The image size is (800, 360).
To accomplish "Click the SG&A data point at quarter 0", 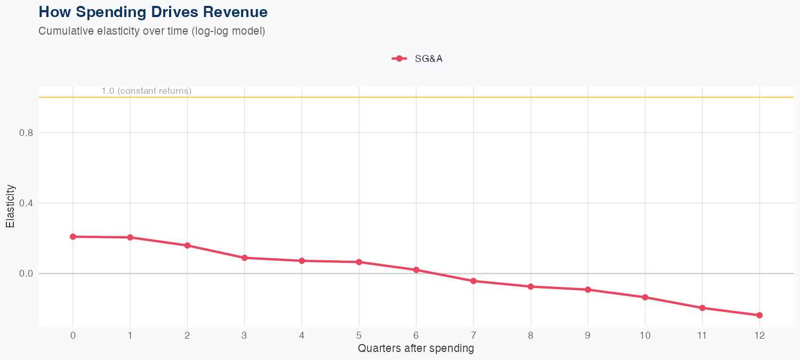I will (x=73, y=237).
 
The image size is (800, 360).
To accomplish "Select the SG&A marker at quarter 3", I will (x=244, y=258).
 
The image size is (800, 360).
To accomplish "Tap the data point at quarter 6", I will (x=416, y=270).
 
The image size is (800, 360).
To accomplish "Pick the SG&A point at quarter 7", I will (x=473, y=281).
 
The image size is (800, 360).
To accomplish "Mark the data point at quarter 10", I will (x=645, y=297).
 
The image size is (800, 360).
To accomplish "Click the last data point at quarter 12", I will (x=759, y=315).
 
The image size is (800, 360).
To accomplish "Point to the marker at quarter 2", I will (x=187, y=245).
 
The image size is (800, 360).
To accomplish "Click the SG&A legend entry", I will (x=418, y=59).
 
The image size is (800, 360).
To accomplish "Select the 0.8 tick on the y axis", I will (x=26, y=133).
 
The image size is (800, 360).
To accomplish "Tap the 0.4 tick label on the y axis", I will (x=26, y=203).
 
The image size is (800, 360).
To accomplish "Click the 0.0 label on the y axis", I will (x=26, y=274).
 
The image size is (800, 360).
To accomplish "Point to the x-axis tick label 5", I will (x=359, y=335).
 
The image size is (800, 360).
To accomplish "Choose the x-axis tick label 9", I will (x=588, y=335).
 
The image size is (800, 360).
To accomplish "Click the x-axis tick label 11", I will (x=702, y=335).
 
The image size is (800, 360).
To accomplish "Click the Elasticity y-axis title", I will (x=10, y=206).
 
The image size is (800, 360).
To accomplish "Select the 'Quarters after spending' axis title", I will (x=415, y=349).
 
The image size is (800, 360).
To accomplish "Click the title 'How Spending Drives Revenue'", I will (x=153, y=12).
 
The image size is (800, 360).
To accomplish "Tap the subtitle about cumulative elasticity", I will (x=152, y=31).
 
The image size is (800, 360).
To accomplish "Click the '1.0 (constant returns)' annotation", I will (x=147, y=91).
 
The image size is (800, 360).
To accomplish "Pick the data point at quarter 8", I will (x=531, y=286).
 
